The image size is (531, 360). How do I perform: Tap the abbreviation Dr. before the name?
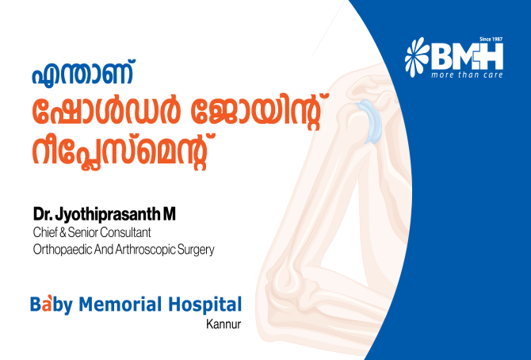coord(43,215)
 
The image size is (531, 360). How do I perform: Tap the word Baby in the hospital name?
coord(52,304)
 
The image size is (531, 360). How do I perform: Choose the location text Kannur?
coord(223,324)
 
